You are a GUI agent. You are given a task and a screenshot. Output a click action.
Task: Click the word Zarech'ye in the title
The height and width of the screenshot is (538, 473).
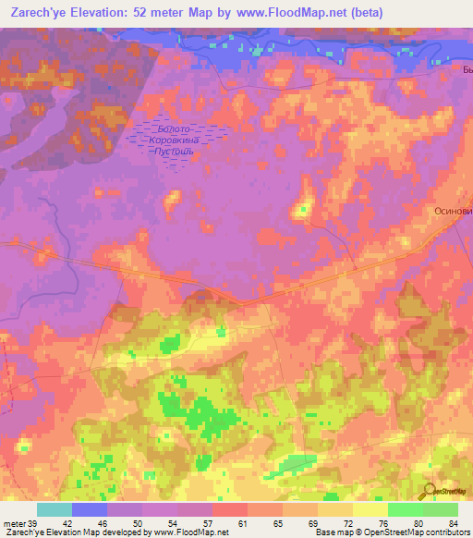(35, 13)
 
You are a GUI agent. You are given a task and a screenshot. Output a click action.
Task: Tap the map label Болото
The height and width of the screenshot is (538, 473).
(175, 128)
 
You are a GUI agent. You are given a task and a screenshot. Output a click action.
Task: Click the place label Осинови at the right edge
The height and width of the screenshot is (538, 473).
(454, 211)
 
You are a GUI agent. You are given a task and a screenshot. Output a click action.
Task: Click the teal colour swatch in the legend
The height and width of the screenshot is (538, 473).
(55, 509)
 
